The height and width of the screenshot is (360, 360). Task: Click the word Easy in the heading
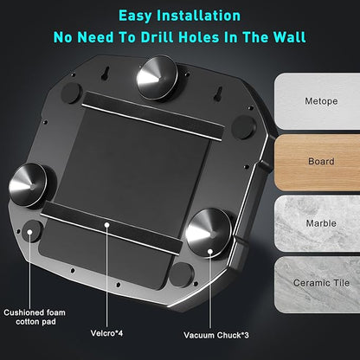(x=135, y=16)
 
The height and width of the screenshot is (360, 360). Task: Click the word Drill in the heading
(x=157, y=37)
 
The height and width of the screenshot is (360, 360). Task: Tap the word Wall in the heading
(x=289, y=37)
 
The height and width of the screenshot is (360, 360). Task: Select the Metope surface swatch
(x=317, y=101)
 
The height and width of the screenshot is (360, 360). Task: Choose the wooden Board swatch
(x=317, y=162)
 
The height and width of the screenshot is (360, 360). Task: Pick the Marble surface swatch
(x=317, y=223)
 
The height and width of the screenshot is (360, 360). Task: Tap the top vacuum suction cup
(x=157, y=78)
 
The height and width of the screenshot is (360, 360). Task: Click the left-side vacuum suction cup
(x=28, y=185)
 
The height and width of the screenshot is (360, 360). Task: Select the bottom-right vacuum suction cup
(x=209, y=233)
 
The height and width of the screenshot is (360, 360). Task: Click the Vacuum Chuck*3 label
(x=216, y=335)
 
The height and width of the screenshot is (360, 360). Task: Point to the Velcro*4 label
(x=106, y=333)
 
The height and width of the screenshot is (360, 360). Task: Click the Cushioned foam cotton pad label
(x=35, y=317)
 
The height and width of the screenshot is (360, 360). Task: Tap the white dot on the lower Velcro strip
(x=107, y=224)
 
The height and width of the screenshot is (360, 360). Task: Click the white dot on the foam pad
(x=29, y=232)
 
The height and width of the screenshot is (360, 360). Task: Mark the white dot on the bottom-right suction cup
(x=210, y=252)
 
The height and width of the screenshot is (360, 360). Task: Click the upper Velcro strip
(x=153, y=116)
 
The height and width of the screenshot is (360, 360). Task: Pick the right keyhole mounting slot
(x=219, y=93)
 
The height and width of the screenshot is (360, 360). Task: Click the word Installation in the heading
(x=199, y=16)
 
